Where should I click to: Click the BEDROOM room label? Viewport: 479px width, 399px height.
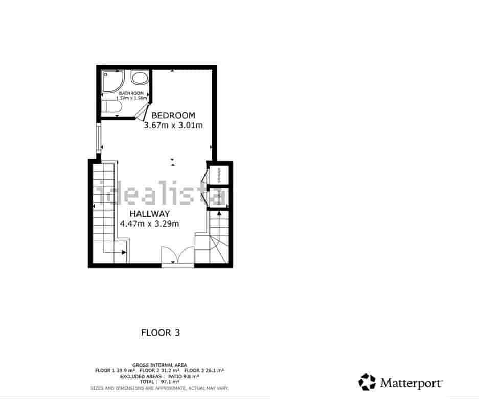tap(173, 115)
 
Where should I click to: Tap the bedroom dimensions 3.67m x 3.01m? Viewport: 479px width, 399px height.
tap(173, 126)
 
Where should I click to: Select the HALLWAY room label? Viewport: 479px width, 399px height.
tap(149, 214)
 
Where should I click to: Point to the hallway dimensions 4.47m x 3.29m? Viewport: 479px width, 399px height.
tap(149, 223)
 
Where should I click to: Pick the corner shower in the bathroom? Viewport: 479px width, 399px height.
tap(110, 81)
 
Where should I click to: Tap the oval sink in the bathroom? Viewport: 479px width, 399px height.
tap(139, 79)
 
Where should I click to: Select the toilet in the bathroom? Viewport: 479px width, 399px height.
tap(110, 108)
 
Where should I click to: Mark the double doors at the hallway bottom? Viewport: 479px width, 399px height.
tap(177, 256)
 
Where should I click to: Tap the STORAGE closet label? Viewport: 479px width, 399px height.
tap(219, 175)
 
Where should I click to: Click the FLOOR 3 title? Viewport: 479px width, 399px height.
tap(160, 333)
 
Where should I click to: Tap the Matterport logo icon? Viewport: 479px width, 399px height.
tap(367, 382)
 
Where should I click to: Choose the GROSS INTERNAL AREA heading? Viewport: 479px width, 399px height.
tap(160, 365)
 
